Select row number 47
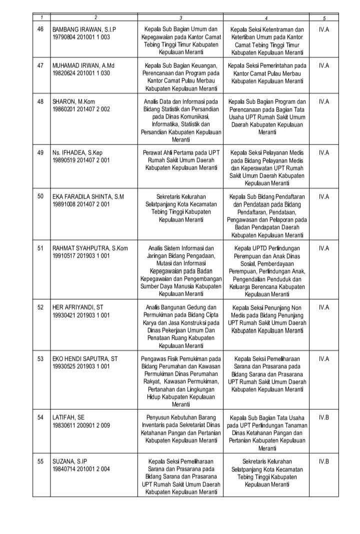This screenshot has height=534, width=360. coord(41,66)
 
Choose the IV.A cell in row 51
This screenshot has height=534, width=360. coord(323,248)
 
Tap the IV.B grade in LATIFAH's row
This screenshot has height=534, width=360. coord(323,417)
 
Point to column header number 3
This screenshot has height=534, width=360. coord(180,18)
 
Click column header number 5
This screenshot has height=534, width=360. coord(324,18)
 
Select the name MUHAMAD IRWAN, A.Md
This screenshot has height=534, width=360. coord(84,66)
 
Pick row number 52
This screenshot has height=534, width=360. coord(41,307)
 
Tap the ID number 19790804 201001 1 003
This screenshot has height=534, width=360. coord(81,37)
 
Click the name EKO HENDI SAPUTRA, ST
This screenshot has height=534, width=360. coord(85,358)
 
